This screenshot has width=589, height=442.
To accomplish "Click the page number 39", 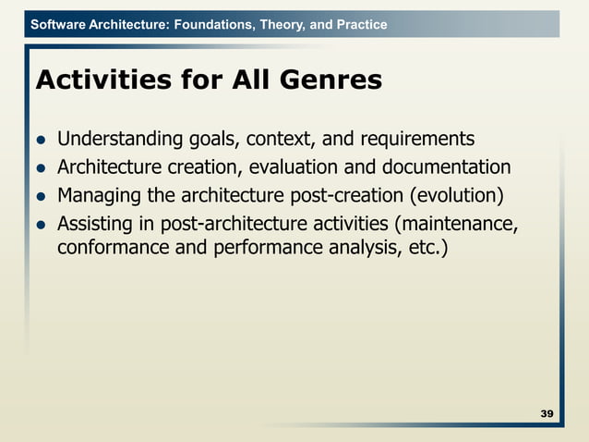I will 547,412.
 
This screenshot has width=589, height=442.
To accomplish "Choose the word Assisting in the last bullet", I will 92,223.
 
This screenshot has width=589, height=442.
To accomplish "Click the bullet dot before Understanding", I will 41,141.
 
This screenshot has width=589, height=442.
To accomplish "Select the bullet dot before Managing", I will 41,197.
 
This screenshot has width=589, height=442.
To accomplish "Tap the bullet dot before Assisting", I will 41,225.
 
